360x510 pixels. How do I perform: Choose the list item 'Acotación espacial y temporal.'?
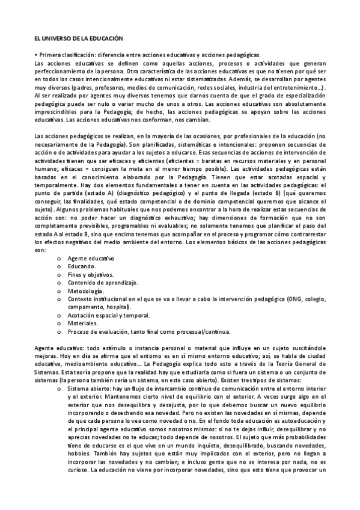tap(109, 315)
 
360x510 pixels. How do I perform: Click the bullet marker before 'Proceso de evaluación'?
tap(58, 331)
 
